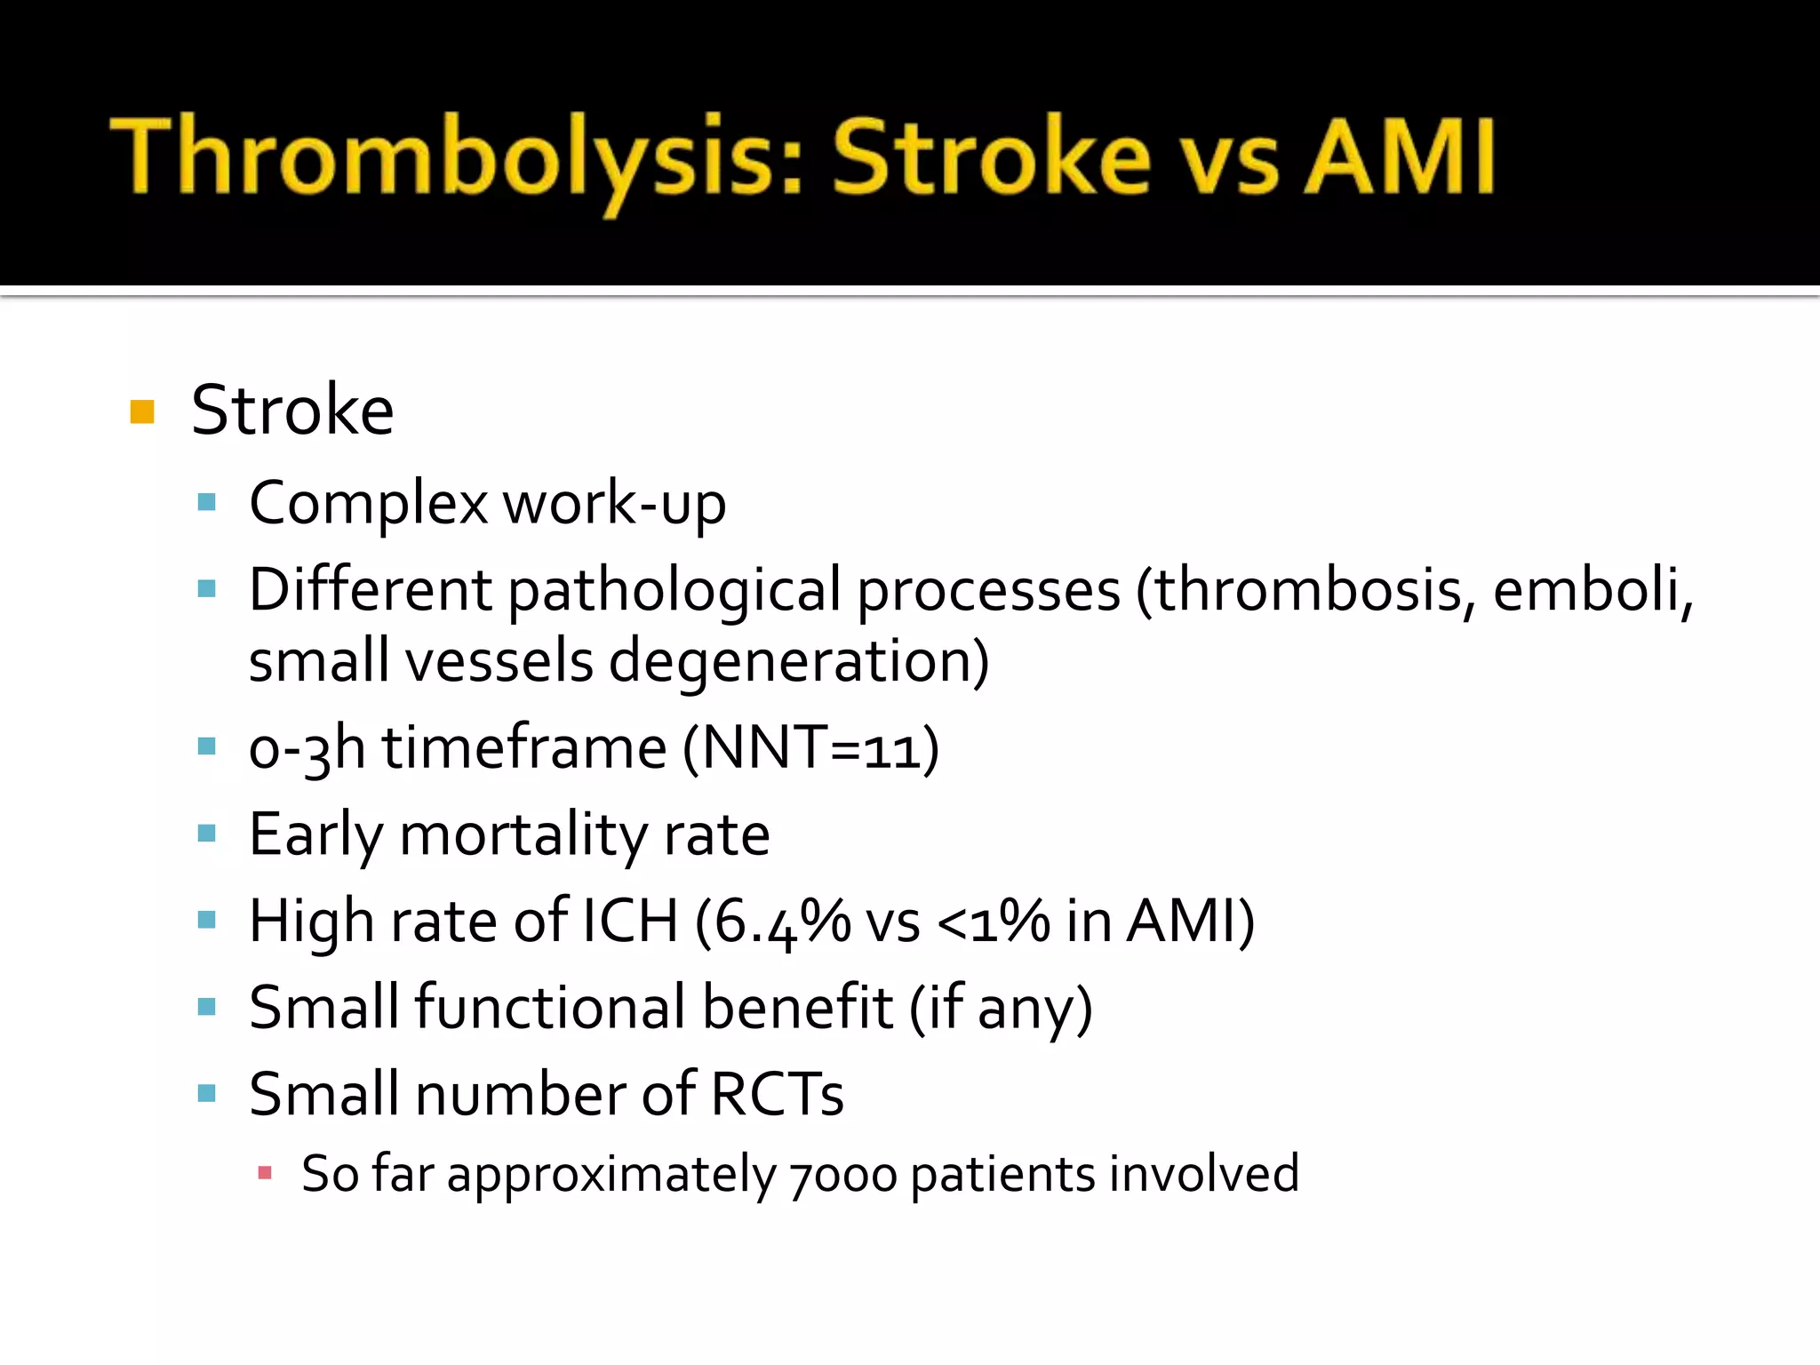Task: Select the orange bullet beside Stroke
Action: point(142,412)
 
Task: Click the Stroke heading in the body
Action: point(292,411)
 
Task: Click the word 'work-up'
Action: point(615,504)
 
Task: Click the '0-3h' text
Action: point(307,748)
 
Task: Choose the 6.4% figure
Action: point(782,922)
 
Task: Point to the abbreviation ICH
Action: point(629,922)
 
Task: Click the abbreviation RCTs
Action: point(777,1094)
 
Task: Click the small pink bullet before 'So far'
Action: point(264,1173)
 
